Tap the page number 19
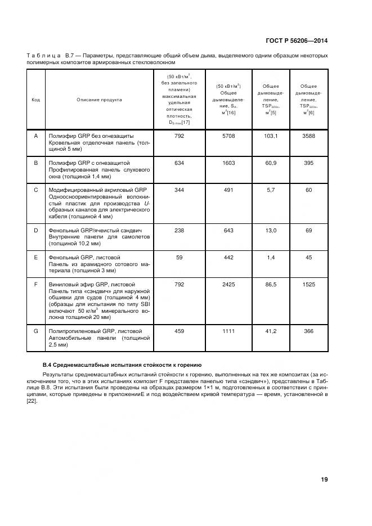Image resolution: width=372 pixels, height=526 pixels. pos(324,479)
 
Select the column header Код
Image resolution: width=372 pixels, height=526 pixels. pos(35,100)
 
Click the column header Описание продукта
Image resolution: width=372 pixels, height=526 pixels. pos(99,100)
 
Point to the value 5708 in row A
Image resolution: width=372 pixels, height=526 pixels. pos(228,136)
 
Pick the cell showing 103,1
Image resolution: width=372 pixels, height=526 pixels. pos(271,136)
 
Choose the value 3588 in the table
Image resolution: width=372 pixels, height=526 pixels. pos(308,136)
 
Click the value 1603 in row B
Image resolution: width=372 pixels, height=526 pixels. pos(228,162)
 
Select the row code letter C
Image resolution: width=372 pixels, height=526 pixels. pos(36,190)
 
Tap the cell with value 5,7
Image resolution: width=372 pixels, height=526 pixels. pos(271,190)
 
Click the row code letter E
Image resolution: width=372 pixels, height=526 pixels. pos(36,257)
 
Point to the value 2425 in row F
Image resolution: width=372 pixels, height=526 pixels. pos(228,285)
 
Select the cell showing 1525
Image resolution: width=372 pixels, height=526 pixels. pos(308,285)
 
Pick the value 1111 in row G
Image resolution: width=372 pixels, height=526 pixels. pos(228,331)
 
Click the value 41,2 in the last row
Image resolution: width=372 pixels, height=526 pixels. pos(271,331)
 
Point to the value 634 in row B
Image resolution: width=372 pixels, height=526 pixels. pos(180,162)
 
